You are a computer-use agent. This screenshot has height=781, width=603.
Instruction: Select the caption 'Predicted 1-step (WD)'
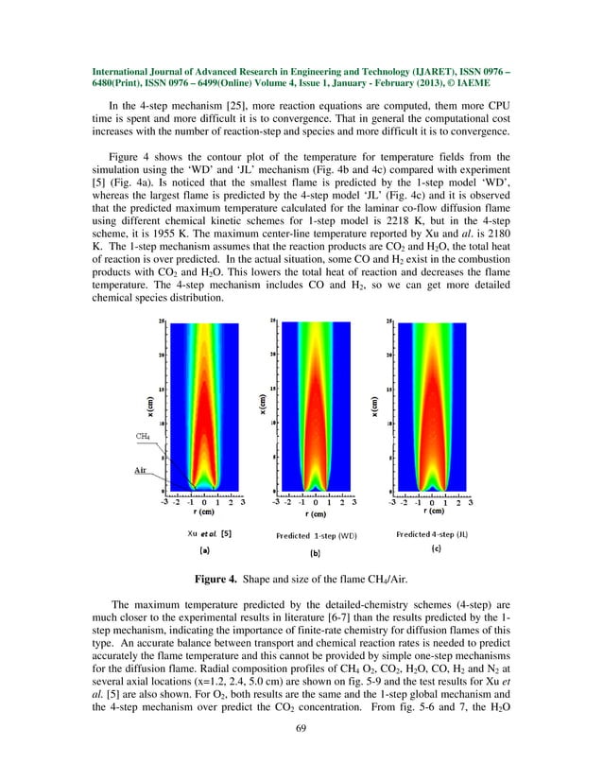316,535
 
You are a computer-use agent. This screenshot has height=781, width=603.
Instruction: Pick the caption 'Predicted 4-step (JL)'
432,534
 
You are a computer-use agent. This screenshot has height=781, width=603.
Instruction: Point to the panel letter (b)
316,550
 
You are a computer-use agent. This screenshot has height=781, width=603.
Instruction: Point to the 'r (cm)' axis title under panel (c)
432,511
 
